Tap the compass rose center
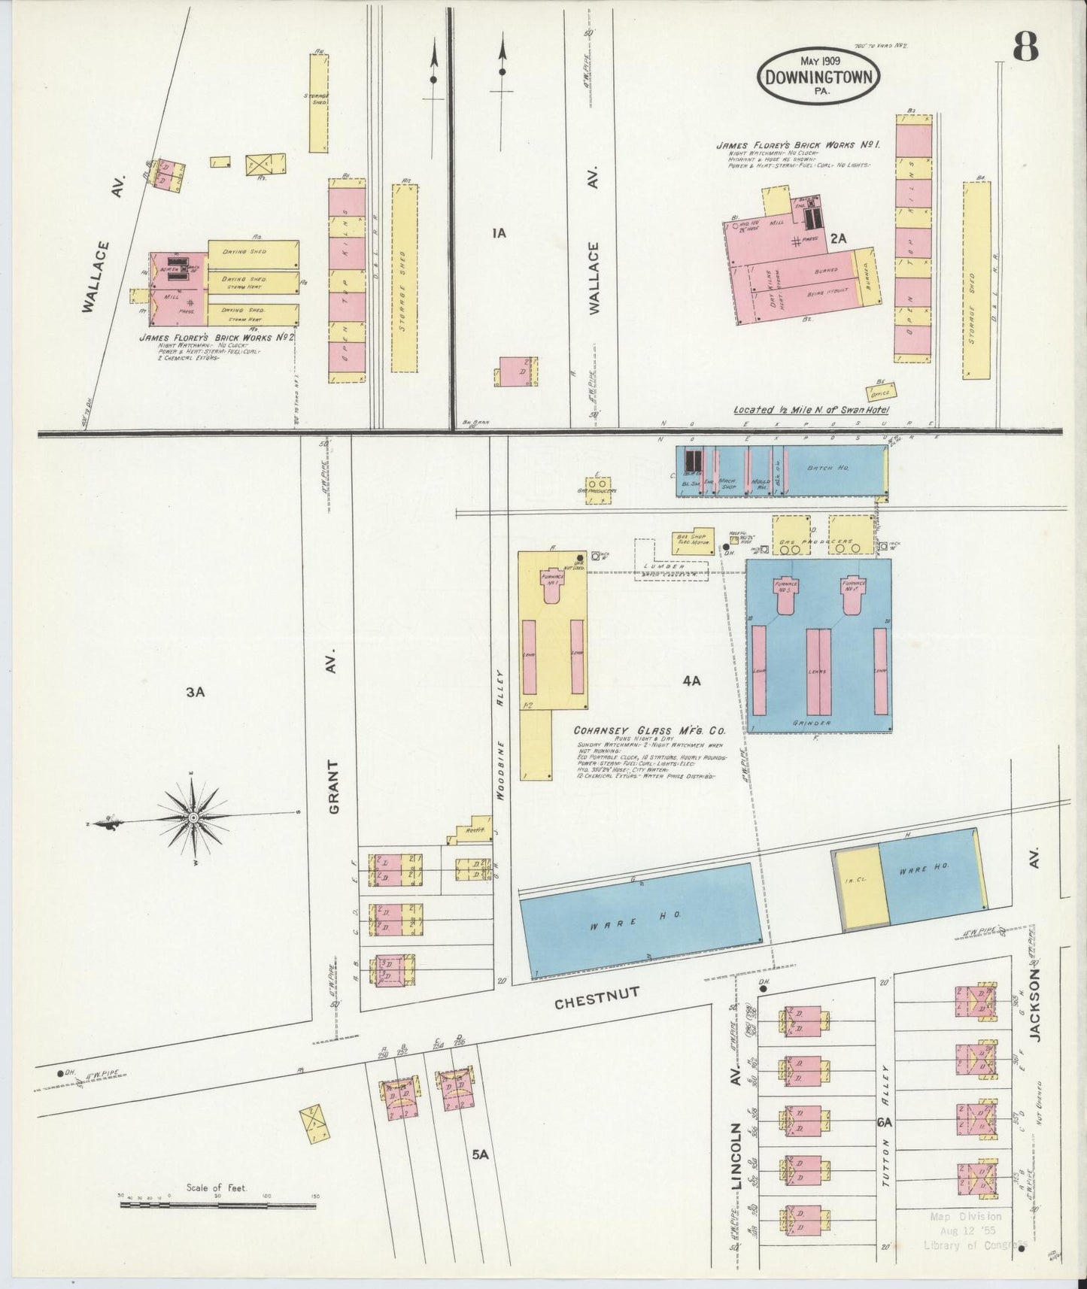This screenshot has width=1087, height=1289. pyautogui.click(x=193, y=817)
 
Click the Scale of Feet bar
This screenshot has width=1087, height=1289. pyautogui.click(x=217, y=1205)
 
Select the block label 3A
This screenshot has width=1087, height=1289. pyautogui.click(x=196, y=692)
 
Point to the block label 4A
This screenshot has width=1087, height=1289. pyautogui.click(x=691, y=681)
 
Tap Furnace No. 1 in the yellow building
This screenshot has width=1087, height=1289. pyautogui.click(x=553, y=579)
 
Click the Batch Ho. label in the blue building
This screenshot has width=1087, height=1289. pyautogui.click(x=827, y=469)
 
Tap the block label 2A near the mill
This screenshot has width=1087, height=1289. pyautogui.click(x=839, y=238)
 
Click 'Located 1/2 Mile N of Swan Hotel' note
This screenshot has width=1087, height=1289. pyautogui.click(x=811, y=410)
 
